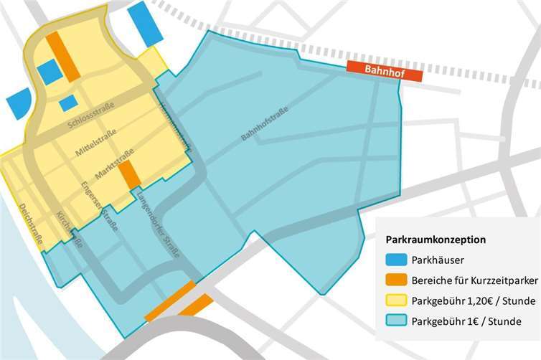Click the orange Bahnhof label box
(372, 67)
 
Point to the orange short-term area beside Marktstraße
(128, 174)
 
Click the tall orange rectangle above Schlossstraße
(63, 56)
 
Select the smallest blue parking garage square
(68, 103)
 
